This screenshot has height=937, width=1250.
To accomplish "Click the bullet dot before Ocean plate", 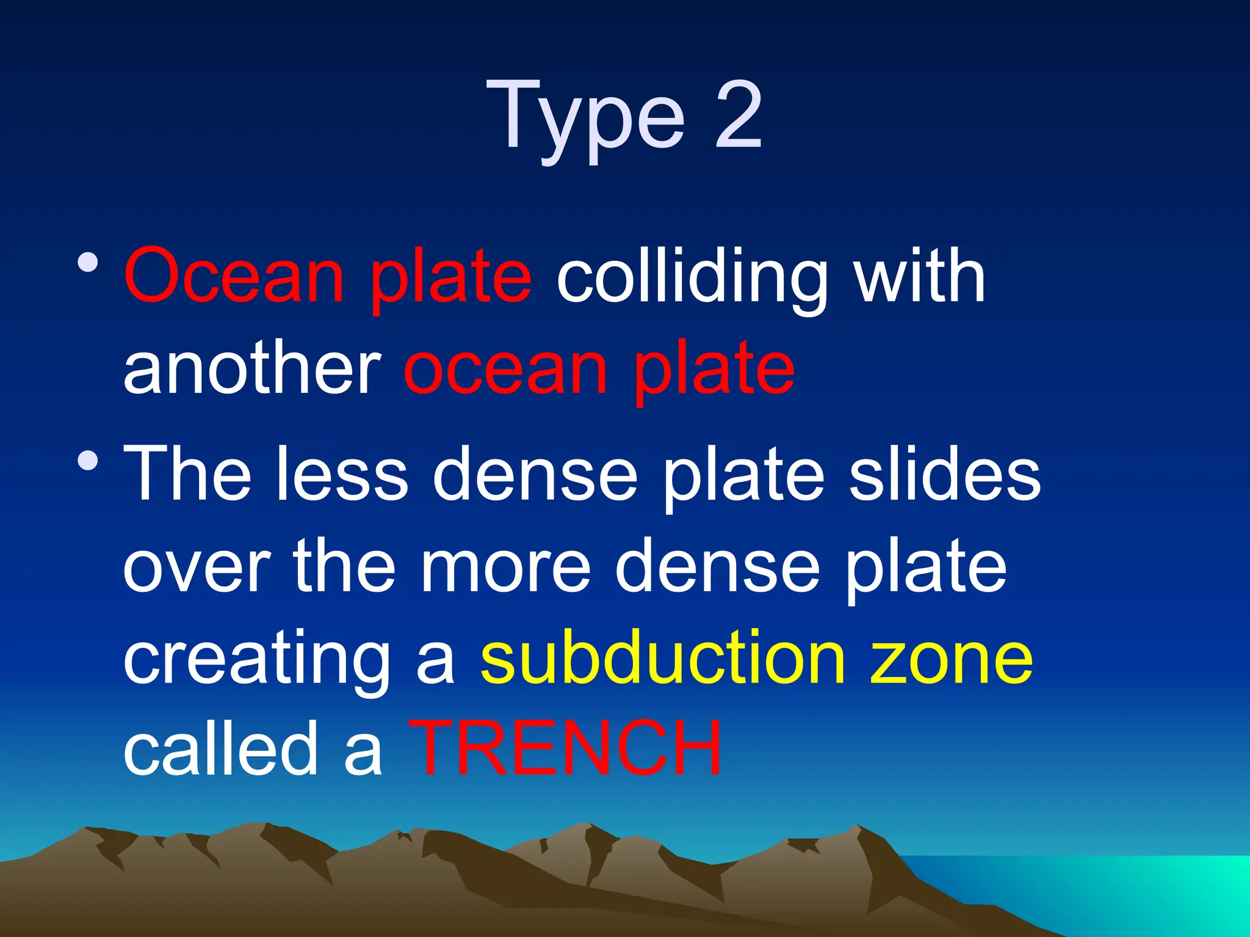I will [88, 262].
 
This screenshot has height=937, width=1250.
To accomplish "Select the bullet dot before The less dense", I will [88, 460].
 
